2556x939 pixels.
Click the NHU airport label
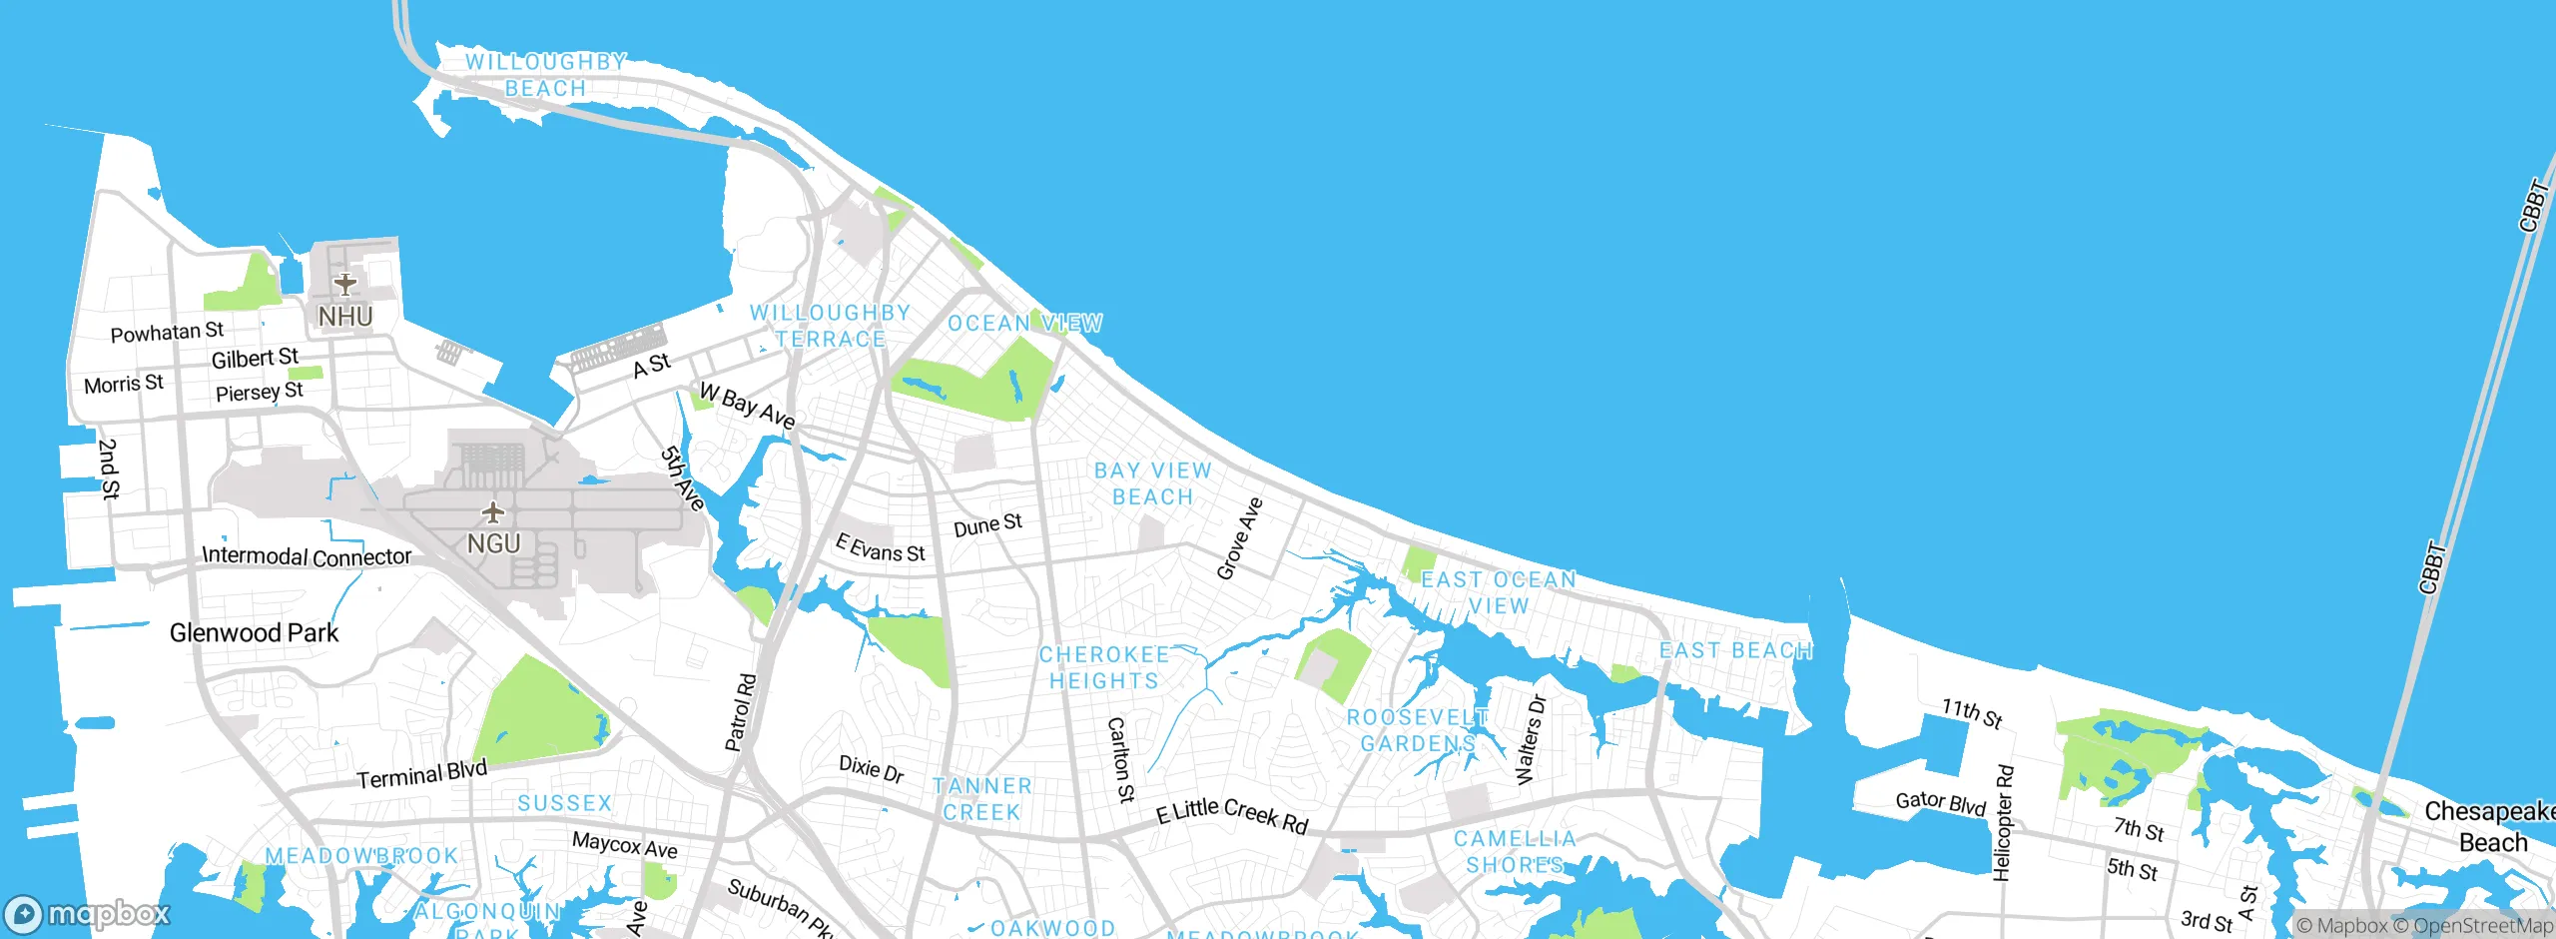[345, 316]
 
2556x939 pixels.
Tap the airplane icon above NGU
[492, 513]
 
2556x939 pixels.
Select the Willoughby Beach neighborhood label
[545, 75]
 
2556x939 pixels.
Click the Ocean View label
[1024, 323]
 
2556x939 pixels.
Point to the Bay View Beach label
[1152, 483]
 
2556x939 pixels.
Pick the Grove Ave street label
[1240, 538]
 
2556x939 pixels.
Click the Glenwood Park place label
[254, 632]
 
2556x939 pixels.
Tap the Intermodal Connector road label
[307, 555]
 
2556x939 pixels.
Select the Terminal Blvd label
[421, 774]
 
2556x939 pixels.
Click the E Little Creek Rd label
[1231, 815]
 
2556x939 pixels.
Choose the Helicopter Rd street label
[2003, 823]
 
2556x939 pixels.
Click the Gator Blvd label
[1941, 802]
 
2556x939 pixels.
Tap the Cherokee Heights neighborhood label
[1103, 667]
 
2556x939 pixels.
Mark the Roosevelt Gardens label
[1417, 730]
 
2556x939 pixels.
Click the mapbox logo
[88, 913]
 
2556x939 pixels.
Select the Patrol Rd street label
[741, 712]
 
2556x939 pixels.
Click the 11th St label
[1972, 713]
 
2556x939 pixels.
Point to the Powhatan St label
[167, 332]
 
